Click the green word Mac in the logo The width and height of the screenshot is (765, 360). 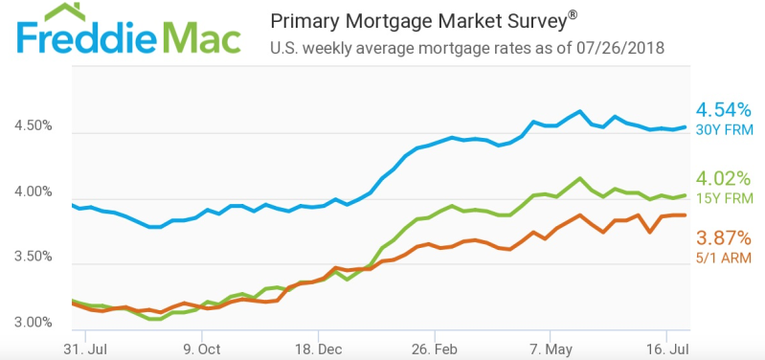coord(200,37)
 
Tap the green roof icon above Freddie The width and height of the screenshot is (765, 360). coord(61,11)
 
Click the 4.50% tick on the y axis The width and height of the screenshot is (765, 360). coord(34,125)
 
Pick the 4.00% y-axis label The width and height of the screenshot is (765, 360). coord(34,191)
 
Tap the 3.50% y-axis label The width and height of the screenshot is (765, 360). coord(34,258)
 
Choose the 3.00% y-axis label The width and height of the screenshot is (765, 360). coord(34,323)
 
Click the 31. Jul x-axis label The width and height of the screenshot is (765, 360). coord(85,349)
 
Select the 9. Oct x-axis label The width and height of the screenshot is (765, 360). coord(201,349)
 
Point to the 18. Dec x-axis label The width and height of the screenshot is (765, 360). coord(318,349)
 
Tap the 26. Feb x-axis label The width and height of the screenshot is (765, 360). coord(435,349)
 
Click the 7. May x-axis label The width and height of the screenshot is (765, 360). coord(550,349)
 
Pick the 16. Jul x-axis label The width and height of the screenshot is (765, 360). coord(666,349)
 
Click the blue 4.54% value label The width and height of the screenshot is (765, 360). coord(723,111)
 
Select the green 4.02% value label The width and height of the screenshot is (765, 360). coord(723,179)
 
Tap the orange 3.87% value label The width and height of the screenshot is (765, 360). coord(723,238)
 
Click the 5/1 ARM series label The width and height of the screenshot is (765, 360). coord(724,258)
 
